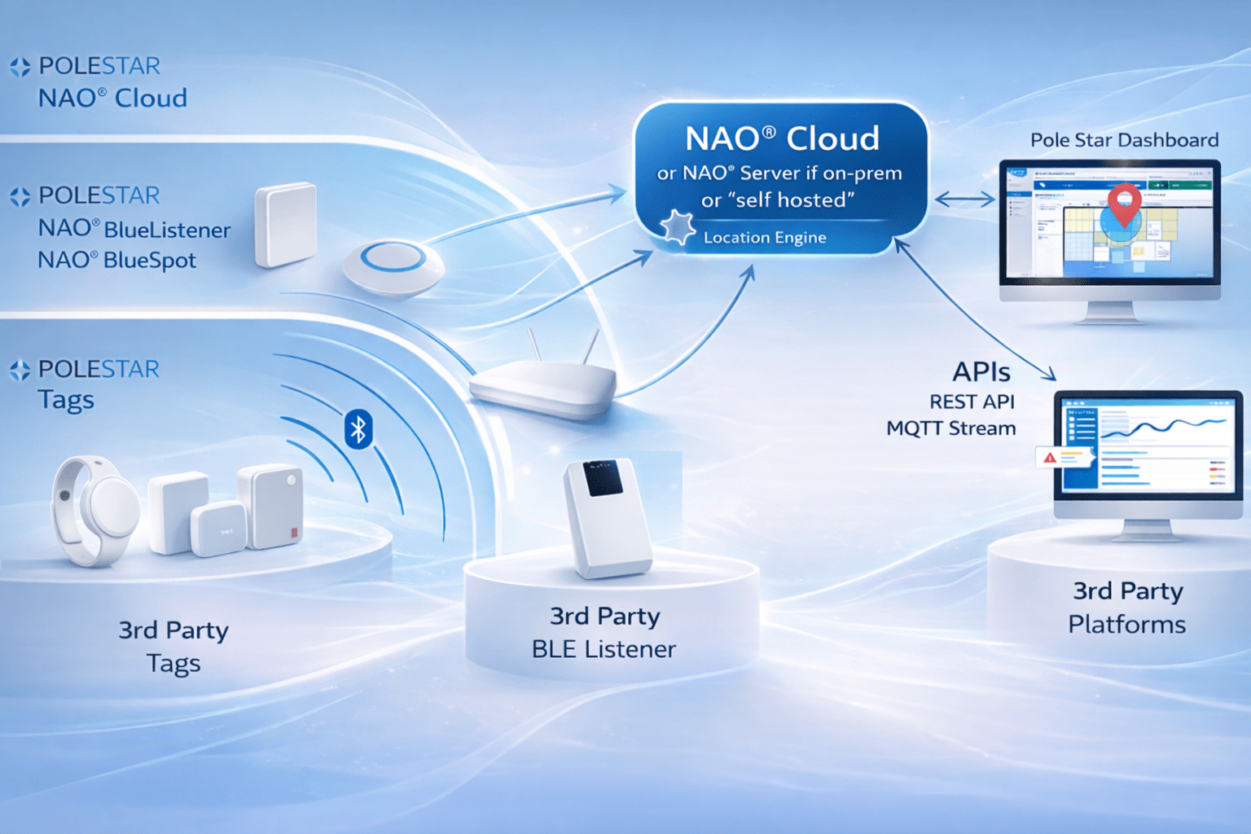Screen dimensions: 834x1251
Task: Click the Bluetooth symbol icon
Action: click(x=358, y=429)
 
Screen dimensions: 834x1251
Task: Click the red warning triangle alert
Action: click(x=1050, y=458)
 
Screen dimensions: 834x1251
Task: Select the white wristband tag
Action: click(x=95, y=508)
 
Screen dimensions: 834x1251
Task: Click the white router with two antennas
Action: click(x=543, y=384)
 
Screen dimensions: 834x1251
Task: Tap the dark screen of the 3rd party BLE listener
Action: click(x=603, y=477)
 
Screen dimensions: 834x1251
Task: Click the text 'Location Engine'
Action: click(x=765, y=238)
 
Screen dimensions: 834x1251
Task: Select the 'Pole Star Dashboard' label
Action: click(x=1124, y=140)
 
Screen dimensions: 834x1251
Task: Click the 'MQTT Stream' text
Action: click(x=950, y=428)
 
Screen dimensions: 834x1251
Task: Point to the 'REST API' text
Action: click(x=972, y=402)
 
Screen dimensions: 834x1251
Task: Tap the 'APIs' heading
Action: click(x=981, y=372)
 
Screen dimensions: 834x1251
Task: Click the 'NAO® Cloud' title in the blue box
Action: click(x=782, y=138)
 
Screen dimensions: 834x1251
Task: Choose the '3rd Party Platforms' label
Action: click(x=1127, y=608)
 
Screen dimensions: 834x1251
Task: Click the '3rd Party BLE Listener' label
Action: click(x=604, y=633)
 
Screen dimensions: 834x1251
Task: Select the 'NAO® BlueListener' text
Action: click(x=134, y=229)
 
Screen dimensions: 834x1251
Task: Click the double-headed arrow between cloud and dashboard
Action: click(x=964, y=199)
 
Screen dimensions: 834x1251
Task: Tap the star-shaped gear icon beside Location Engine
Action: click(x=678, y=227)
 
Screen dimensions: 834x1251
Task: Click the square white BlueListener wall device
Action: click(x=285, y=224)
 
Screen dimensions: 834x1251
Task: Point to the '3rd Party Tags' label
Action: click(x=173, y=647)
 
